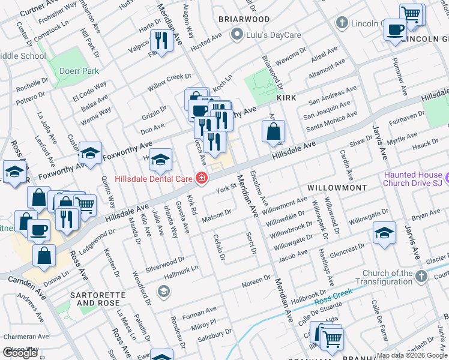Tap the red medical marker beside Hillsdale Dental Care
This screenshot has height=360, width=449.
click(202, 178)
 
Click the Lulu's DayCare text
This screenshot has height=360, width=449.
click(271, 35)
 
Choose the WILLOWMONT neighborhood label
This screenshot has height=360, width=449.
click(337, 188)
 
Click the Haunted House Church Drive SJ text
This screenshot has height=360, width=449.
click(414, 179)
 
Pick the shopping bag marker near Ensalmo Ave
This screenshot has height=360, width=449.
click(273, 131)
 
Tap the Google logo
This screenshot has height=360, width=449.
click(21, 353)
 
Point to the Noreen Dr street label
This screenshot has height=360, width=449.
click(256, 280)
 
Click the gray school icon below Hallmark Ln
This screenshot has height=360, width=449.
click(163, 291)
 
